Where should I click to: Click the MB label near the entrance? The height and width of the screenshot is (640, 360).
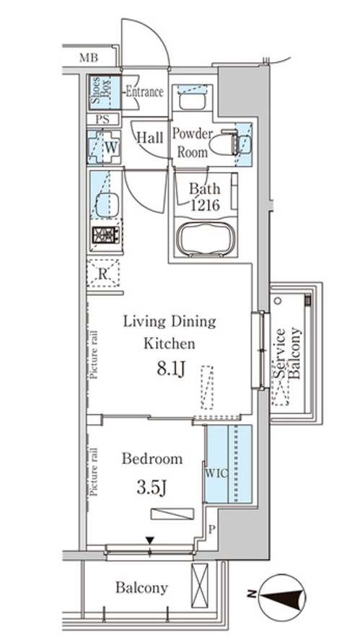[x=89, y=58]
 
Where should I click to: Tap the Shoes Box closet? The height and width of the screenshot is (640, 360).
[x=105, y=92]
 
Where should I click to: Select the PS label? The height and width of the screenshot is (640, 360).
[x=102, y=120]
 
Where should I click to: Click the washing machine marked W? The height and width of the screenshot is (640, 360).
[x=104, y=147]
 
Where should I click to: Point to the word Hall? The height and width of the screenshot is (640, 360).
[x=149, y=138]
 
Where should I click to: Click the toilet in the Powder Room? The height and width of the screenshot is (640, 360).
[x=223, y=142]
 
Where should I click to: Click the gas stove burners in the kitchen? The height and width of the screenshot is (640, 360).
[x=106, y=234]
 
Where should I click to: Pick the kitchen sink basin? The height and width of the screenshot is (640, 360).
[x=107, y=205]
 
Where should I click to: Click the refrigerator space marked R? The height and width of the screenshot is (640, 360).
[x=103, y=274]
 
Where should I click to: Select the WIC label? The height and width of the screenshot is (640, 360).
[x=216, y=473]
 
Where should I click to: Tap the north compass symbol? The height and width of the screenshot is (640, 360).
[x=281, y=597]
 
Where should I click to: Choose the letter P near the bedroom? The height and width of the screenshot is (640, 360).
[x=211, y=530]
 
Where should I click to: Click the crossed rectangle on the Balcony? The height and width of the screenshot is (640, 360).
[x=200, y=586]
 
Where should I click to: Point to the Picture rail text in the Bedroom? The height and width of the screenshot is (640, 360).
[x=94, y=473]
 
